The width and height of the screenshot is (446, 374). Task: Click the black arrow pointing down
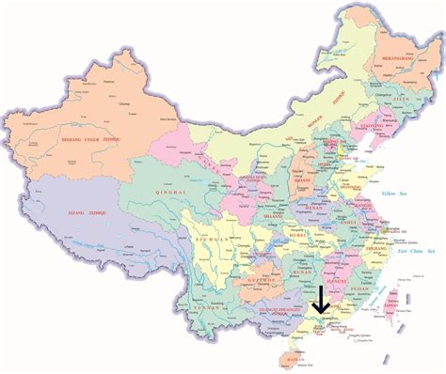[x=321, y=299]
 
